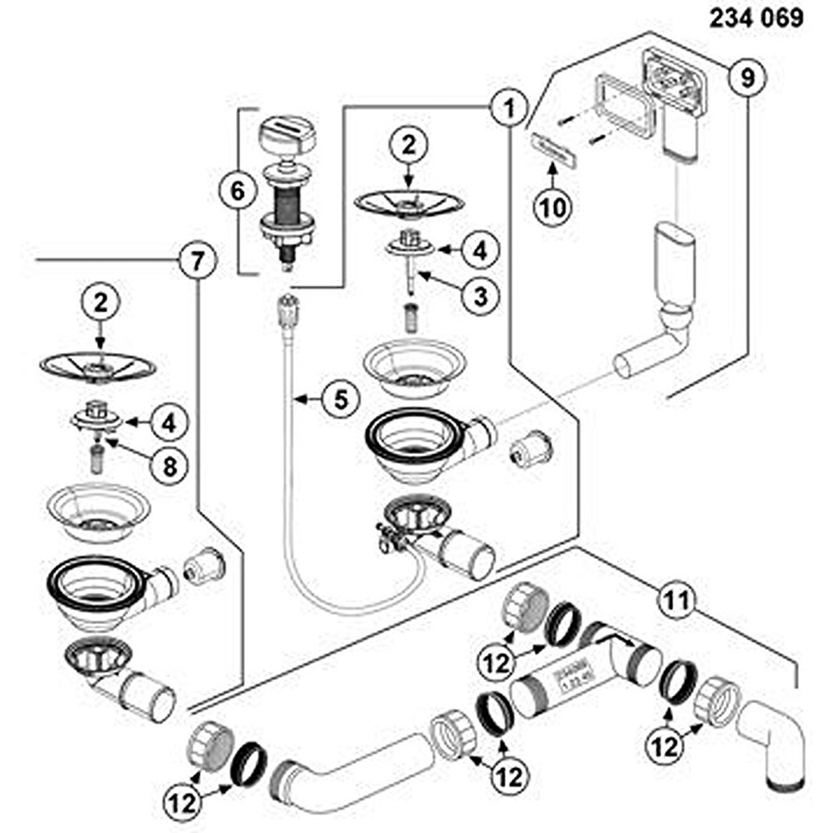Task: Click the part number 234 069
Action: click(756, 17)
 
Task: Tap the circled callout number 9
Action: click(746, 77)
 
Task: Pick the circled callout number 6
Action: click(237, 192)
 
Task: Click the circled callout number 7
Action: click(197, 262)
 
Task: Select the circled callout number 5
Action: click(339, 400)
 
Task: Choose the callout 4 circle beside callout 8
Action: click(169, 422)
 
